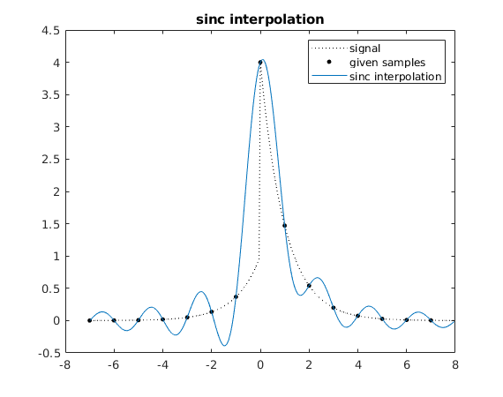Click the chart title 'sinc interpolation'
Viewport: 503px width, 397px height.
click(x=259, y=19)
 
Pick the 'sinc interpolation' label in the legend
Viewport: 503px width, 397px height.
click(x=395, y=77)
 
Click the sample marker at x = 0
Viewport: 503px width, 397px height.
click(x=260, y=63)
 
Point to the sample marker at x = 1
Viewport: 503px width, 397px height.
click(x=284, y=226)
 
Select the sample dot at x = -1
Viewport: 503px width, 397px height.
click(x=236, y=296)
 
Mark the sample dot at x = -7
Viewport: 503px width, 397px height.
click(x=89, y=320)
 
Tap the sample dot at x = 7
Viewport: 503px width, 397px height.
click(x=431, y=320)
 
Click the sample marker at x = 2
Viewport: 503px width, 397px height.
click(x=309, y=286)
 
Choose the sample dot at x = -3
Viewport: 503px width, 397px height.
click(x=187, y=317)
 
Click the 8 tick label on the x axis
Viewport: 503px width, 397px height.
click(x=455, y=365)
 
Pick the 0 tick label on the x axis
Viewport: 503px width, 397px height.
click(x=260, y=365)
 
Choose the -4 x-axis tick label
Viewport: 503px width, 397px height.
click(x=162, y=365)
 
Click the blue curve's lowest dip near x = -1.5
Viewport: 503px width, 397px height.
click(x=224, y=345)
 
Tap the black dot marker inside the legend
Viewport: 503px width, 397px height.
click(x=328, y=63)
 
